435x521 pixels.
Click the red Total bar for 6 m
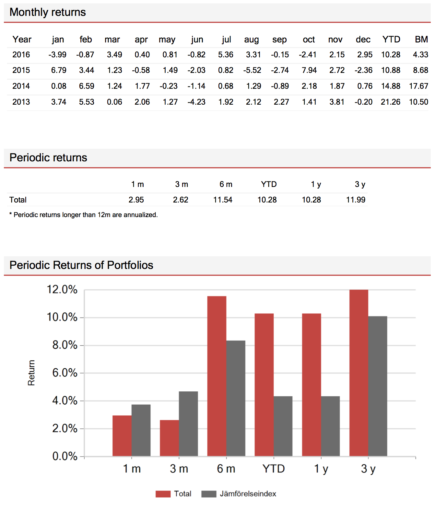[x=217, y=376]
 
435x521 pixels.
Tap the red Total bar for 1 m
[x=122, y=436]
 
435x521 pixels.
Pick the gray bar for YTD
[x=283, y=426]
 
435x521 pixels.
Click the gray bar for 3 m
[x=188, y=424]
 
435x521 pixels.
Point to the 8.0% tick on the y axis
[x=65, y=345]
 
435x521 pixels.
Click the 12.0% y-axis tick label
[x=62, y=289]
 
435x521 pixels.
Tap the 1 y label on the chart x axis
[x=321, y=469]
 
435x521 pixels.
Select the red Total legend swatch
[x=163, y=494]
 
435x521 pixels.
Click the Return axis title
[x=31, y=373]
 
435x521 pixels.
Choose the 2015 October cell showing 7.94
[x=309, y=70]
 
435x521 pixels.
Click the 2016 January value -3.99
[x=57, y=55]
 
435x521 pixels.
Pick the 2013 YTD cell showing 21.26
[x=390, y=102]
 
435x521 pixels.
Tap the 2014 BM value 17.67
[x=418, y=86]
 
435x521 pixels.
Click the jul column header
[x=226, y=40]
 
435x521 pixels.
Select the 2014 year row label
[x=21, y=86]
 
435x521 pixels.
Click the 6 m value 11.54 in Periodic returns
[x=223, y=200]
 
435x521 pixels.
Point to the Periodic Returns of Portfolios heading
[x=81, y=265]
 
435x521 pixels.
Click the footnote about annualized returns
[x=84, y=215]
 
